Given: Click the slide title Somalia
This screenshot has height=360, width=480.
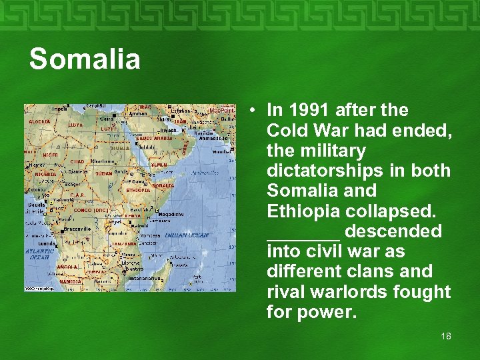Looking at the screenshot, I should (x=85, y=59).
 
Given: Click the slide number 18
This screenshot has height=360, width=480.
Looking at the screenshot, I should (x=445, y=336).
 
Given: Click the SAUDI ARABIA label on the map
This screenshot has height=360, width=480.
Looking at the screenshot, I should (x=154, y=139).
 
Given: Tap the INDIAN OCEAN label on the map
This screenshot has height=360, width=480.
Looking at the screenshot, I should (x=187, y=235).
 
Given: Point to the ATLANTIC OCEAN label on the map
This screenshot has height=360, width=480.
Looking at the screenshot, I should (x=39, y=254).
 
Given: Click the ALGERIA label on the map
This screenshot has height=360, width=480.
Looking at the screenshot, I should (x=39, y=122).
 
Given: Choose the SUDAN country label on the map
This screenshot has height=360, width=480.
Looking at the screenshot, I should (x=104, y=173).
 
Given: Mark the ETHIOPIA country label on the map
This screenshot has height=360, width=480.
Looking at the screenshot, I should (x=139, y=190).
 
